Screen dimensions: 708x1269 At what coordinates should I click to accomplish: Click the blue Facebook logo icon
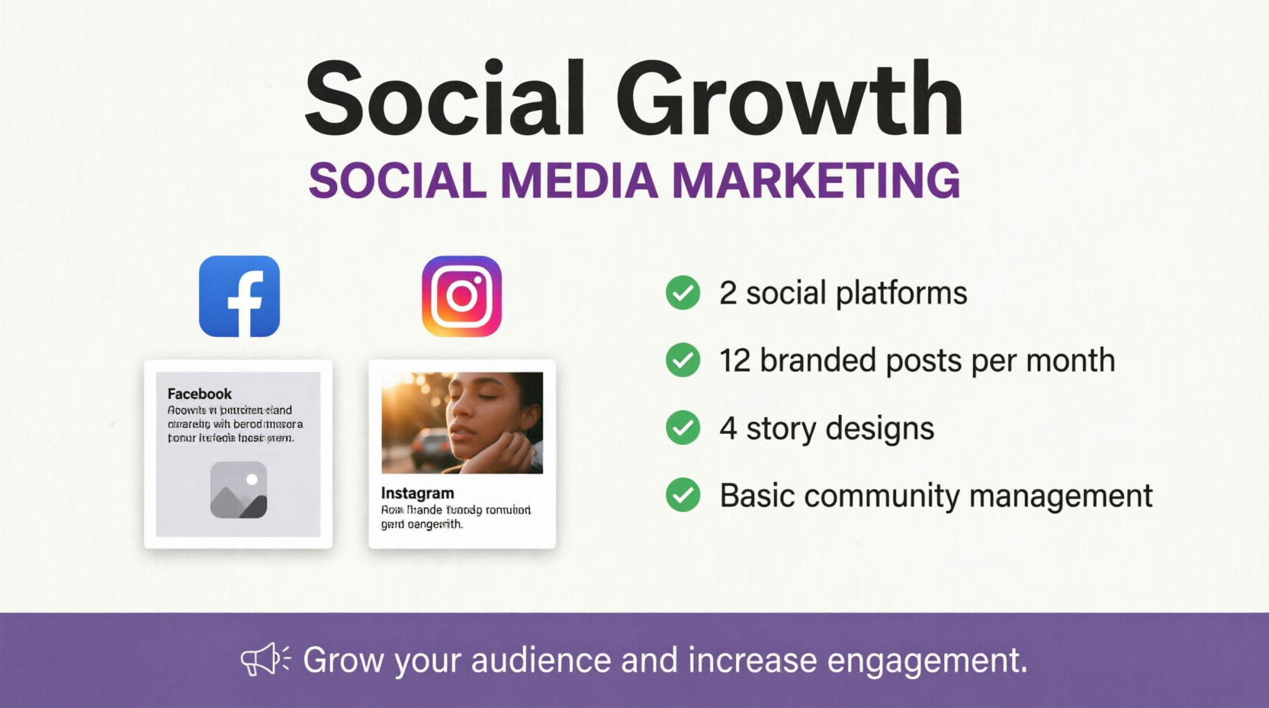[x=239, y=296]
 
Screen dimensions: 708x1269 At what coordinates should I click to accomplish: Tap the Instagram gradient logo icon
[x=461, y=296]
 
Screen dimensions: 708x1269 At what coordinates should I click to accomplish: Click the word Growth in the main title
[x=789, y=99]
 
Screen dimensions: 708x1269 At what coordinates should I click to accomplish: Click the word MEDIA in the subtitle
[x=579, y=181]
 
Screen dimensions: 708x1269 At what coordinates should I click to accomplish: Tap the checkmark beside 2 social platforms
[x=683, y=293]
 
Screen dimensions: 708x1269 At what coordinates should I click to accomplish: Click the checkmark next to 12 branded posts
[x=683, y=360]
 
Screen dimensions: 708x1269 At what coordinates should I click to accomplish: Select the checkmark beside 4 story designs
[x=683, y=428]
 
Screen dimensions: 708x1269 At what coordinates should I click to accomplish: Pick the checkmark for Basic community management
[x=683, y=495]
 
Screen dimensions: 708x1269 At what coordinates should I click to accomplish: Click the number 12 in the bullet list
[x=735, y=361]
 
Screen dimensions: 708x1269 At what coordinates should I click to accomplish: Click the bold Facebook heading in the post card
[x=199, y=394]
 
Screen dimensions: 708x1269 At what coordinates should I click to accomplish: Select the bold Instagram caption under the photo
[x=417, y=493]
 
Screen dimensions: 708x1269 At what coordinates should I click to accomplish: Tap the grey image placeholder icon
[x=239, y=490]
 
